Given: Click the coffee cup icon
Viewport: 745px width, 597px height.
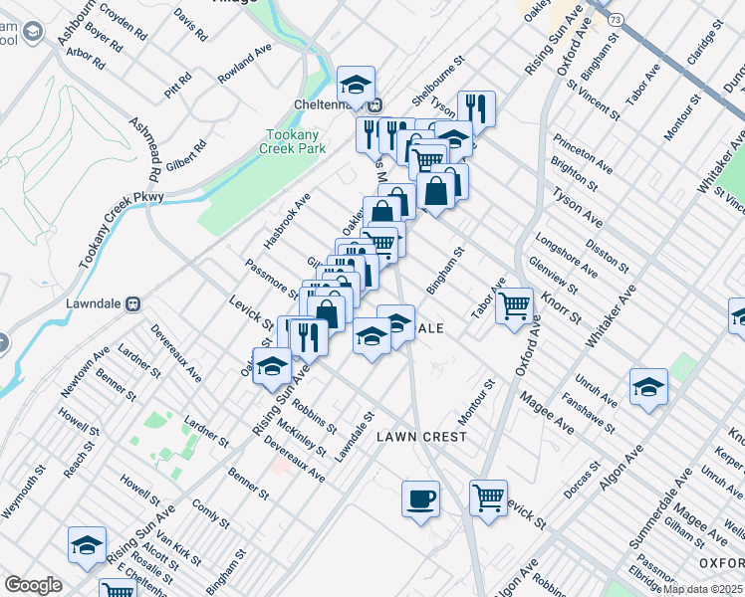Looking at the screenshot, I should coord(420,497).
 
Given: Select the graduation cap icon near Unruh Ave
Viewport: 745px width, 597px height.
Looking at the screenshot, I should coord(647,387).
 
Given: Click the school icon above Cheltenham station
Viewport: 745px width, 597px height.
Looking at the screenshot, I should coord(356,85).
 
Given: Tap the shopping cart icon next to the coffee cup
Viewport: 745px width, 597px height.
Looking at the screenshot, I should coord(488,497).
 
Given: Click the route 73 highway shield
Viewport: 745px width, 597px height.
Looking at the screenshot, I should coord(617,19).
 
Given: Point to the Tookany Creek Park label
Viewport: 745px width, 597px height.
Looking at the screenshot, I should coord(293,141).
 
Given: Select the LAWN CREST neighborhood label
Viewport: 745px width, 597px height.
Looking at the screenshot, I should coord(421,437).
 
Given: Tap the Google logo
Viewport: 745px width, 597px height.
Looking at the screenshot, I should coord(33,585).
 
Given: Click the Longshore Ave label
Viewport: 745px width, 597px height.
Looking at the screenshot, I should coord(565,255).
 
